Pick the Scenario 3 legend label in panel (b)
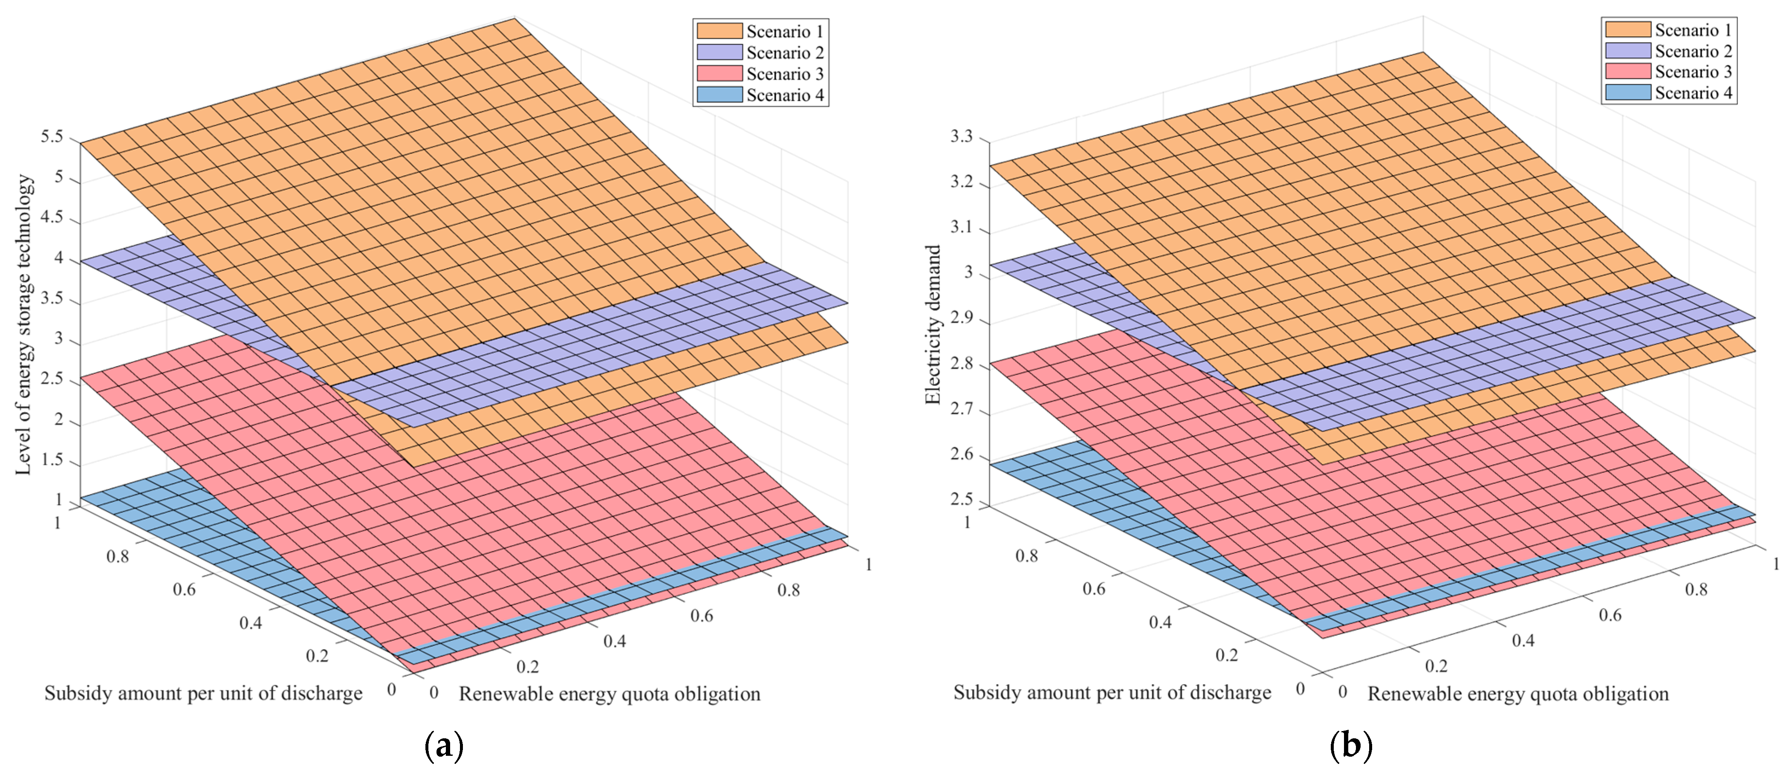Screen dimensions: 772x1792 click(1693, 72)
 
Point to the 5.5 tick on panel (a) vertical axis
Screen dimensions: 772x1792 click(52, 136)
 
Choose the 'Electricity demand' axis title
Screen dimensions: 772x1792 click(933, 324)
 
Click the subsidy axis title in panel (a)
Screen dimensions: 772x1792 click(203, 694)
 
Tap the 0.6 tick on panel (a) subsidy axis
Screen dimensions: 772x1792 click(184, 589)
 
